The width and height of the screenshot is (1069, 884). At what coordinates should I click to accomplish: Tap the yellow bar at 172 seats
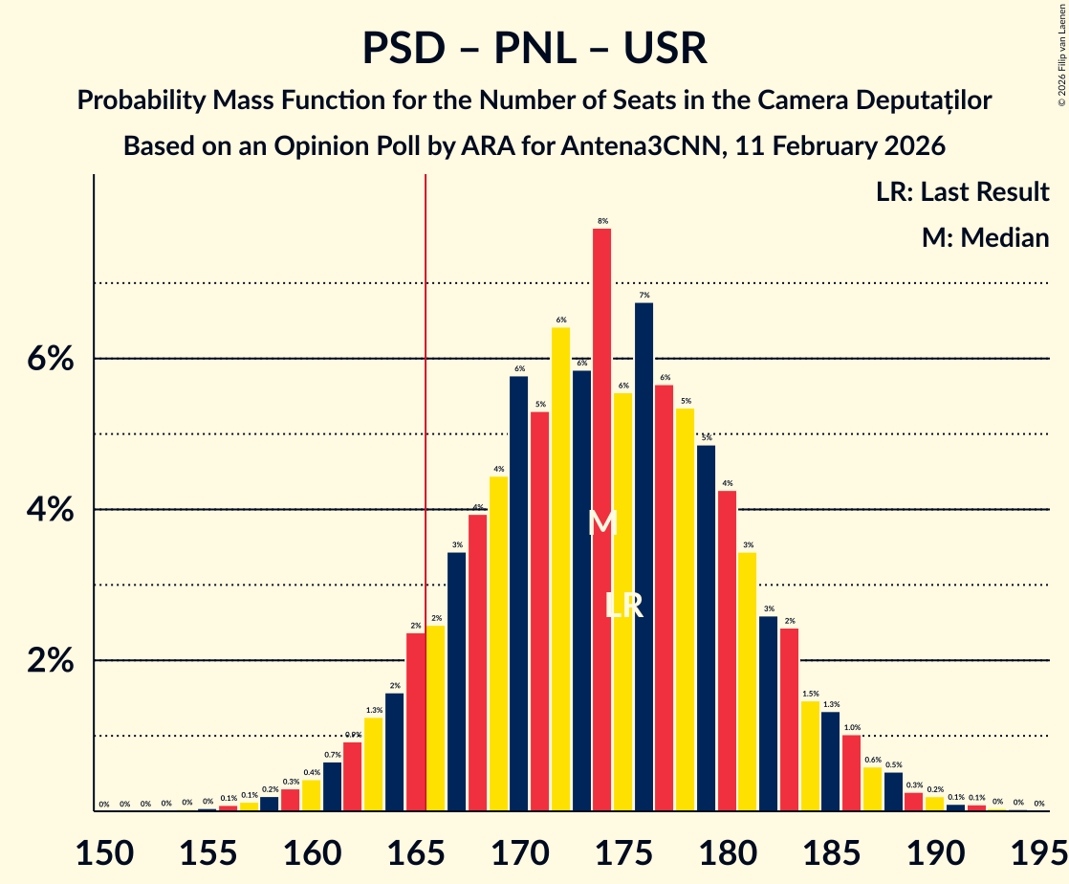click(x=560, y=569)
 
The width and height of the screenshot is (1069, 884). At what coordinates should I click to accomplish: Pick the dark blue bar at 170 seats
click(x=519, y=593)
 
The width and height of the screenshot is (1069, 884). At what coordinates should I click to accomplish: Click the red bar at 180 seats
click(x=727, y=651)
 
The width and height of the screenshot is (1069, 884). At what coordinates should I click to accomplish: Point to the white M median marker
click(x=602, y=523)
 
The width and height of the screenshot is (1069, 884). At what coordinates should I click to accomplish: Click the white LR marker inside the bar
click(x=623, y=606)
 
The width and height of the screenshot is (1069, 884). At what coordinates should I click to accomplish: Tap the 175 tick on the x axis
click(x=623, y=851)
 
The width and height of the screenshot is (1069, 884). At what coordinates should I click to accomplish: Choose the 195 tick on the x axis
click(x=1038, y=851)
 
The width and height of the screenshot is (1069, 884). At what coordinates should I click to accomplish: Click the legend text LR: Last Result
click(x=962, y=192)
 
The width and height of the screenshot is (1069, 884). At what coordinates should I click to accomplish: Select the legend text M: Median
click(x=985, y=238)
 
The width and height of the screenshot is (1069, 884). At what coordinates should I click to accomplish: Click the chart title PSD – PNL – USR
click(x=534, y=48)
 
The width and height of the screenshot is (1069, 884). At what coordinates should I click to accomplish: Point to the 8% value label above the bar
click(x=602, y=221)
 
